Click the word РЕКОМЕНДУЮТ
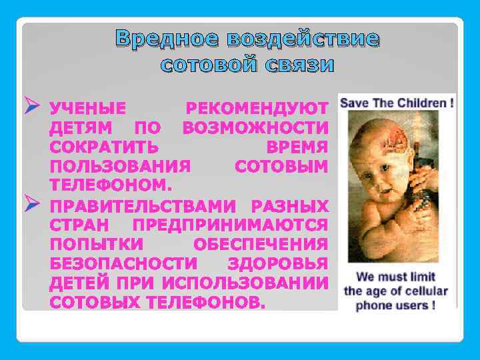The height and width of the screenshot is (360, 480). [257, 108]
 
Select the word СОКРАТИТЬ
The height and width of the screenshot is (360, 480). [103, 146]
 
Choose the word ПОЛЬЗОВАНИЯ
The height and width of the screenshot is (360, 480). [121, 165]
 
